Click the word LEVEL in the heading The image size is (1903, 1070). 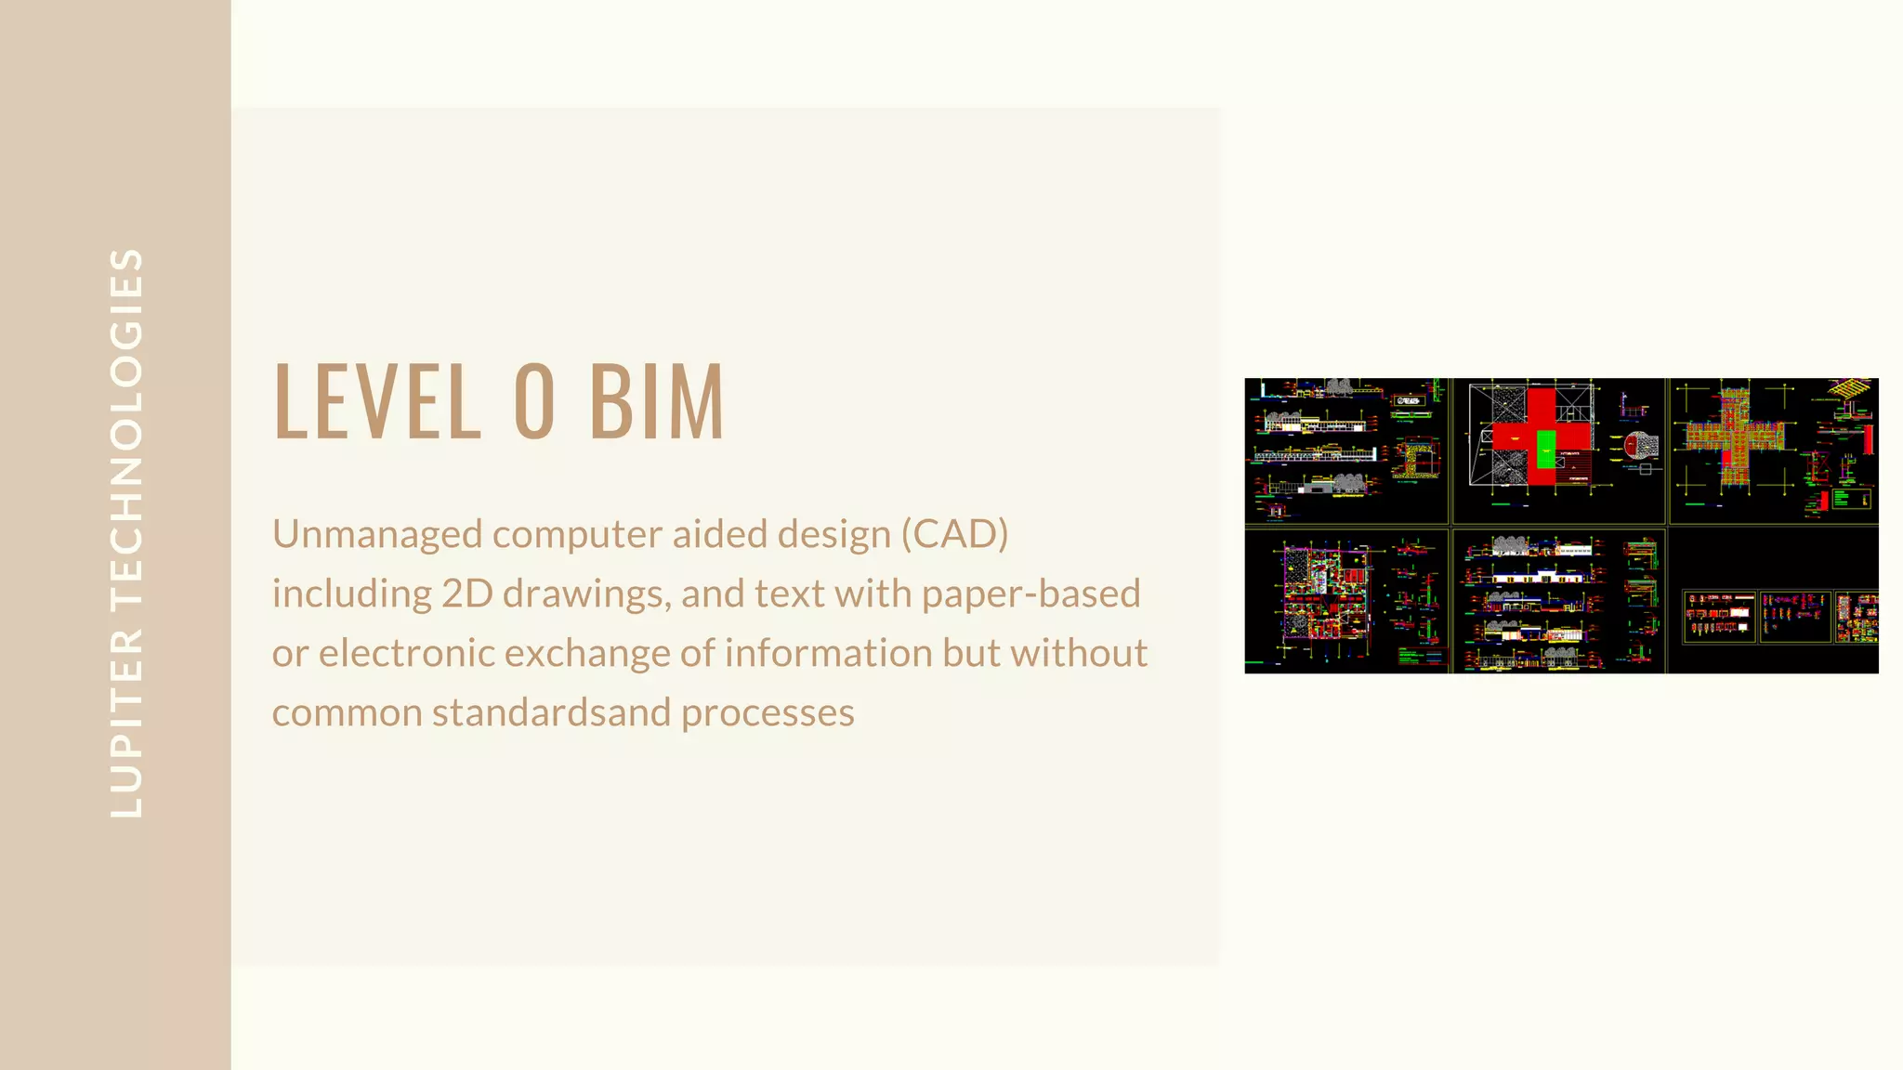[377, 401]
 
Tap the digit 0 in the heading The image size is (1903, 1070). [534, 401]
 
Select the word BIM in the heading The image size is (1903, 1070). [656, 401]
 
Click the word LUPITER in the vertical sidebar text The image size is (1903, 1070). [126, 724]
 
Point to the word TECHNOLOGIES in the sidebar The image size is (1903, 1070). [126, 427]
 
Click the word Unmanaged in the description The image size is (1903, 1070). [376, 535]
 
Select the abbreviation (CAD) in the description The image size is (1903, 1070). [954, 535]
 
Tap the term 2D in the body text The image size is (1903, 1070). [466, 594]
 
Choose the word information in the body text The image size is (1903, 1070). [828, 654]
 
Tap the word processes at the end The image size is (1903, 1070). [768, 713]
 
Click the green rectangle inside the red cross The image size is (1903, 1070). [1545, 449]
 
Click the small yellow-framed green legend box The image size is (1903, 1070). [1851, 499]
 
